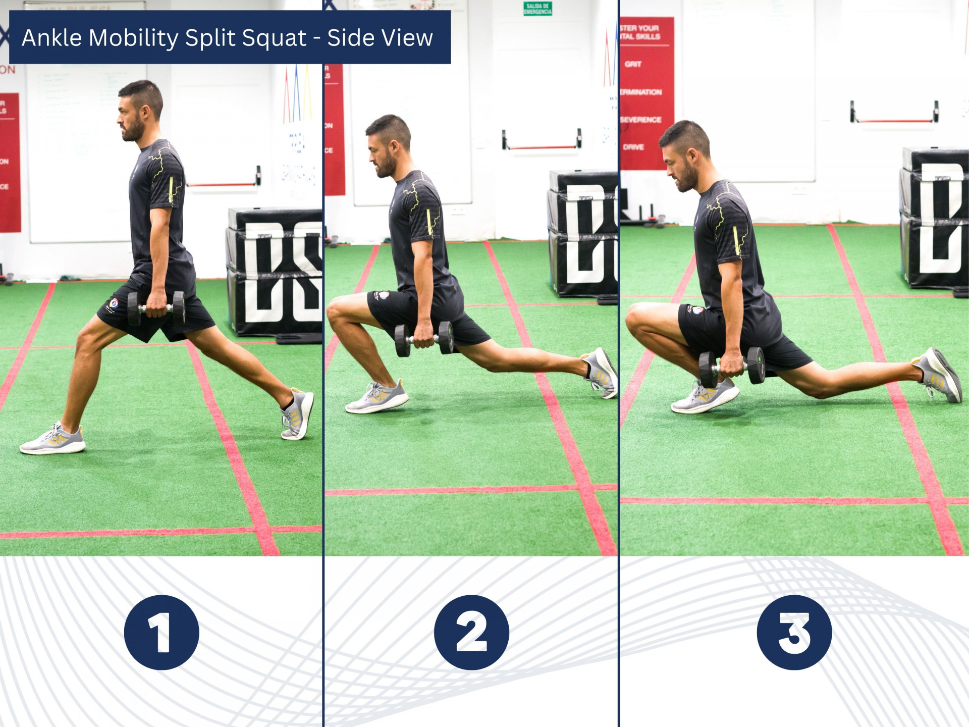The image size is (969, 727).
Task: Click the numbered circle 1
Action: (x=161, y=632)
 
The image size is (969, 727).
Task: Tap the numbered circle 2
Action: (x=471, y=632)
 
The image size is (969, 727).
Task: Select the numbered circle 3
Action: (x=794, y=632)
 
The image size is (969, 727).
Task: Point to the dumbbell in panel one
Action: (x=156, y=307)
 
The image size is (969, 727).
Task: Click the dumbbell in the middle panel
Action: (x=424, y=339)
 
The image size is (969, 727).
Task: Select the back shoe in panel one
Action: (x=298, y=414)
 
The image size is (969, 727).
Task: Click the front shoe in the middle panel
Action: (x=377, y=397)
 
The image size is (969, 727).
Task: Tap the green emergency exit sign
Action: (x=537, y=9)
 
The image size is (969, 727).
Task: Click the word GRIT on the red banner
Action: (x=633, y=64)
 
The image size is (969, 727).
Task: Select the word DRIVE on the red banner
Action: (x=633, y=147)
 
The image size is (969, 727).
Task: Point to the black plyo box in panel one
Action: (x=275, y=273)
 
